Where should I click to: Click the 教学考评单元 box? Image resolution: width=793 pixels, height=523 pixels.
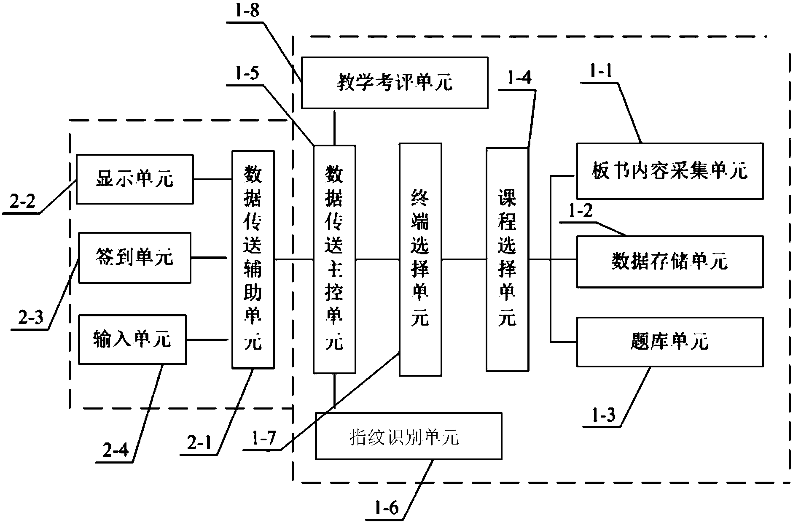tap(395, 83)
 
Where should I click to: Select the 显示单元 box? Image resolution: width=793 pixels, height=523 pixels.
tap(134, 179)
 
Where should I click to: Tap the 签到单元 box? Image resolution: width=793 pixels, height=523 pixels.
tap(134, 257)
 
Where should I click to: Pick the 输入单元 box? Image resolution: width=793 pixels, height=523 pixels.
tap(132, 339)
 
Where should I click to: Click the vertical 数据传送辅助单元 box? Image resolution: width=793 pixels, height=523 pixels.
tap(253, 259)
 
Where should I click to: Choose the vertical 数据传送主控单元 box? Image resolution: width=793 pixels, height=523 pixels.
tap(334, 259)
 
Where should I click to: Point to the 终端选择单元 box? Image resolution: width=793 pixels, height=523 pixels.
tap(420, 259)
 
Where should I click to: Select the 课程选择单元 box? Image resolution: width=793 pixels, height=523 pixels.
tap(507, 259)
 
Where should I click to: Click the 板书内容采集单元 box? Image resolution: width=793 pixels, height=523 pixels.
tap(669, 171)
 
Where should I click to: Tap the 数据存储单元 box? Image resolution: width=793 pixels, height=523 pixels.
tap(669, 261)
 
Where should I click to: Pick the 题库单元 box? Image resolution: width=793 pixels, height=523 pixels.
tap(669, 342)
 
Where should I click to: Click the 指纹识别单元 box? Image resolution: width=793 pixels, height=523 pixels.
tap(409, 436)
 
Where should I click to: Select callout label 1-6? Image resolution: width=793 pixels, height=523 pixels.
tap(387, 508)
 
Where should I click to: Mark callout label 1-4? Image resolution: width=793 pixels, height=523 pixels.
tap(517, 78)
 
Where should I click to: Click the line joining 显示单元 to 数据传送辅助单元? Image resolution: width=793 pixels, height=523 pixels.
tap(212, 179)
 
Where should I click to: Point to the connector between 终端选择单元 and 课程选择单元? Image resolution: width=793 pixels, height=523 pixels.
tap(464, 259)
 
